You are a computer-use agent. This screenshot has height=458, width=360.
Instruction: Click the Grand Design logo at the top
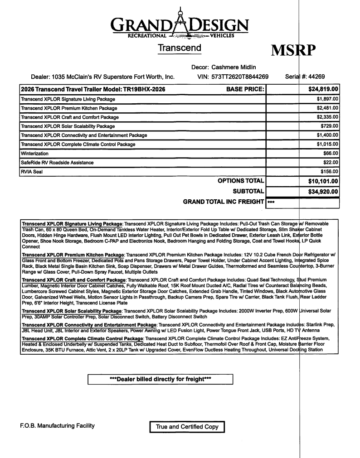[180, 25]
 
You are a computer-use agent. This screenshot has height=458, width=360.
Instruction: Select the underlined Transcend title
[180, 48]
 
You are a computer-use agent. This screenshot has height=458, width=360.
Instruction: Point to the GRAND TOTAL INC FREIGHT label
[223, 202]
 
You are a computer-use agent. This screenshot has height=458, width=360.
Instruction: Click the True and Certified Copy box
[187, 427]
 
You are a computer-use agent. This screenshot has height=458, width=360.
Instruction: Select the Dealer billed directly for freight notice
[160, 379]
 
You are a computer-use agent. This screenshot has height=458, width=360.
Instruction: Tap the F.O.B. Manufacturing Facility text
[57, 426]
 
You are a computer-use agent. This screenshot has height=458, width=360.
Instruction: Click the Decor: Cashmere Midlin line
[224, 67]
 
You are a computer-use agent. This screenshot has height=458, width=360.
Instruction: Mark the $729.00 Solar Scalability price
[330, 126]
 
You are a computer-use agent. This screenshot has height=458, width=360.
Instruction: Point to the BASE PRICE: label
[245, 89]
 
